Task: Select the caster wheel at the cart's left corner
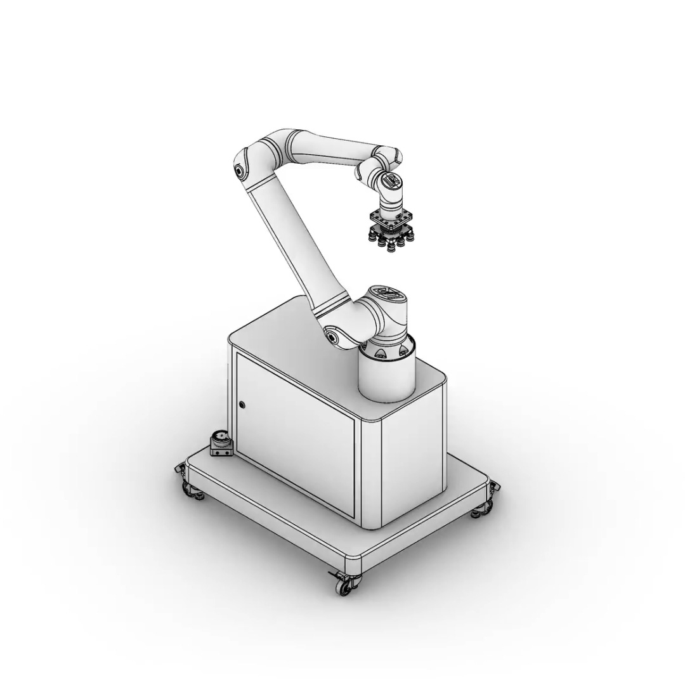pyautogui.click(x=188, y=488)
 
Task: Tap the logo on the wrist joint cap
pyautogui.click(x=391, y=181)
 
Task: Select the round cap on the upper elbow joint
pyautogui.click(x=239, y=169)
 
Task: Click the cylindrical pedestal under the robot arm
pyautogui.click(x=386, y=377)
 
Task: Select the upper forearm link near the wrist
pyautogui.click(x=330, y=148)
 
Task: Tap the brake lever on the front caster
pyautogui.click(x=334, y=575)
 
